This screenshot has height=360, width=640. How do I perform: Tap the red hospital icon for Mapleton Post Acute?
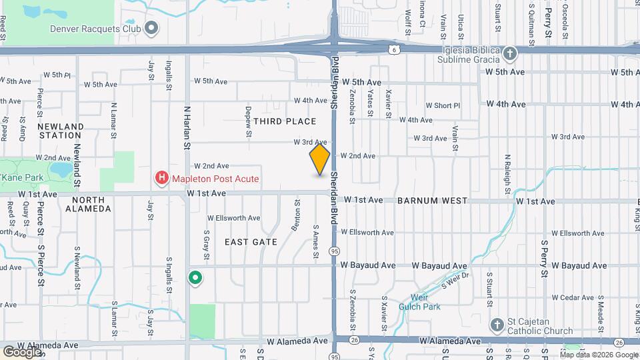pos(161,179)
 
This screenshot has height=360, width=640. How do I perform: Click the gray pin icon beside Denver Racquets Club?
pos(151,28)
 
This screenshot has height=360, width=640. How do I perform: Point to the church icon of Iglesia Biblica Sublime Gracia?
pos(509,53)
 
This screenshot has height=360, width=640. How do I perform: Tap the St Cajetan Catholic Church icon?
pos(496,325)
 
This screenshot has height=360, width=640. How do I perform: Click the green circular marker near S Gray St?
pos(195,277)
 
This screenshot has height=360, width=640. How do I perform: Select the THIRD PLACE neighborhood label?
pos(284,121)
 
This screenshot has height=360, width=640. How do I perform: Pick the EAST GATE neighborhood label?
pos(251,242)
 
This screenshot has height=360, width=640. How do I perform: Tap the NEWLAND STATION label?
pos(60,131)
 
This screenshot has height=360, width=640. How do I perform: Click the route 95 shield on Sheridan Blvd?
pos(334,251)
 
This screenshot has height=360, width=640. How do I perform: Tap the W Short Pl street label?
pos(443,105)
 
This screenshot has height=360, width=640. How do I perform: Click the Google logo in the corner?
pos(22,351)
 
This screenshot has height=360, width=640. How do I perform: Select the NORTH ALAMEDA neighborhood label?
pos(88,204)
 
